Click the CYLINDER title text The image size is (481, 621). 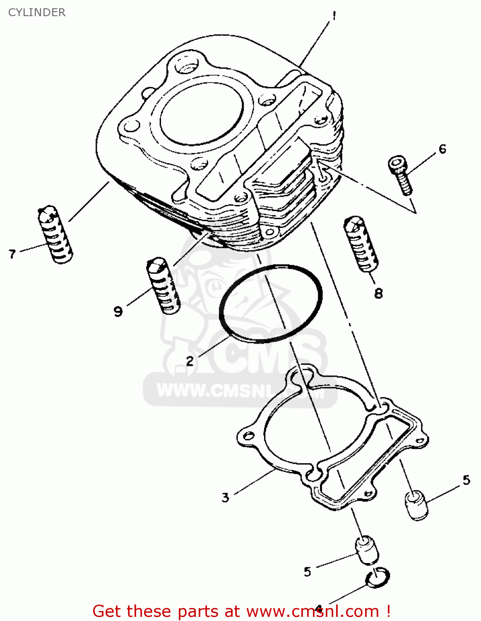tap(37, 12)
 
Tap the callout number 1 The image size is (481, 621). tap(334, 16)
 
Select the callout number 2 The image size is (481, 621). tap(190, 361)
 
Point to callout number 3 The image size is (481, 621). tap(225, 497)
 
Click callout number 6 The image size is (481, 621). tap(443, 149)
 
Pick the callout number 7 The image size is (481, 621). tap(12, 253)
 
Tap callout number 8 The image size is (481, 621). tap(378, 294)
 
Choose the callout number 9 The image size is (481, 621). tap(118, 311)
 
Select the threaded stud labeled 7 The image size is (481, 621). tap(55, 234)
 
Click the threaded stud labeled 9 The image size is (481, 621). tap(163, 286)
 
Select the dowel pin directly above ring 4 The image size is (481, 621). tap(367, 550)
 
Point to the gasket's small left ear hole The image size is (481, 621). tap(248, 436)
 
